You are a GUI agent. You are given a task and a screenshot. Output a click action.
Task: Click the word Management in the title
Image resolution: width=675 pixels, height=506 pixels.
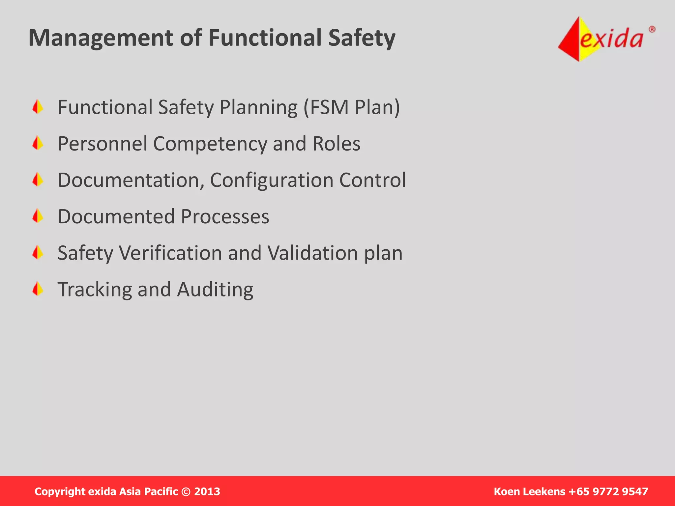pyautogui.click(x=101, y=38)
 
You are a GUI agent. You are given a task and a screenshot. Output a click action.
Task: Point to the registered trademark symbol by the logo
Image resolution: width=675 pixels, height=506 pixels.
pyautogui.click(x=652, y=30)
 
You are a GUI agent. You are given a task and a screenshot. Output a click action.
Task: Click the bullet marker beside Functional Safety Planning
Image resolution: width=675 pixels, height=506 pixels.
pyautogui.click(x=38, y=107)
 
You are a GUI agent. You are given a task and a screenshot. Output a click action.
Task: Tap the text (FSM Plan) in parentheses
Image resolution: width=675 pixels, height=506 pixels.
pyautogui.click(x=351, y=107)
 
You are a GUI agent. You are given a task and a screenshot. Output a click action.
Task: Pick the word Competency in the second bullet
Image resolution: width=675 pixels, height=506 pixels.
pyautogui.click(x=210, y=144)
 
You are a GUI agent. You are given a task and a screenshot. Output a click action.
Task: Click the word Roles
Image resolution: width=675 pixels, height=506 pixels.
pyautogui.click(x=336, y=144)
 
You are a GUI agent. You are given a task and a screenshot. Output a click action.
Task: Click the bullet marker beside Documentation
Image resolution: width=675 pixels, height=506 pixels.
pyautogui.click(x=38, y=180)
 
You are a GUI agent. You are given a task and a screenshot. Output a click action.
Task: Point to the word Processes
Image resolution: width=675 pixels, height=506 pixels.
pyautogui.click(x=225, y=217)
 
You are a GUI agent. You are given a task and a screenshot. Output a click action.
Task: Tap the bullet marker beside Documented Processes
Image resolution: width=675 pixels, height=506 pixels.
pyautogui.click(x=38, y=216)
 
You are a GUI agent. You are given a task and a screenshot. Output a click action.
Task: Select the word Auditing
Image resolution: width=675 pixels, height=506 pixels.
pyautogui.click(x=215, y=290)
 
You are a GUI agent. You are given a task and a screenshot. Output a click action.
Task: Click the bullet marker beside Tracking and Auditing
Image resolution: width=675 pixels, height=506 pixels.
pyautogui.click(x=38, y=289)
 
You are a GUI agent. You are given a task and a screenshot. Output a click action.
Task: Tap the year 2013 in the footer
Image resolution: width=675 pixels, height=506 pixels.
pyautogui.click(x=207, y=492)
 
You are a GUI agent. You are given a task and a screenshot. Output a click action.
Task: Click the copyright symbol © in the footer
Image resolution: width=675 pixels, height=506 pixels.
pyautogui.click(x=186, y=492)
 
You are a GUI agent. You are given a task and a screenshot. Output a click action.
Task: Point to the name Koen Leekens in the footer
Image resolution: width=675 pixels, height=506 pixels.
pyautogui.click(x=529, y=492)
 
